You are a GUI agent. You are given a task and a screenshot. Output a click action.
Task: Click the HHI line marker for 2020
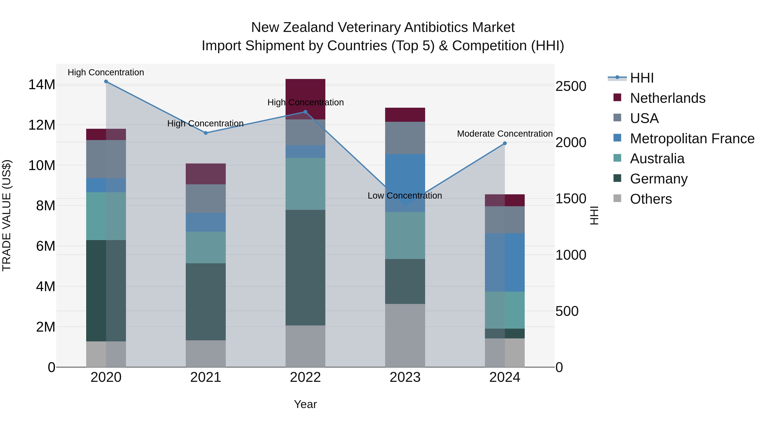coord(106,82)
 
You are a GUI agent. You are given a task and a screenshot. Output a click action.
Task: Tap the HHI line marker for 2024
coord(505,143)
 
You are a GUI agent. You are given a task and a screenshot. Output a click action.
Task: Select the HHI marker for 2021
coord(206,133)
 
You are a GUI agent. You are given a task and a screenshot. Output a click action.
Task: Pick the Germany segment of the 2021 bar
coord(206,302)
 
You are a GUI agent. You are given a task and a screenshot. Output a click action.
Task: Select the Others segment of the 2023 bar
coord(405,335)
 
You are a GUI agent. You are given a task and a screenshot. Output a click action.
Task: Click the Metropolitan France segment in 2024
coord(505,262)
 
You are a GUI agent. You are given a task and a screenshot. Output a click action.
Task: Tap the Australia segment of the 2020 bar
coord(106,216)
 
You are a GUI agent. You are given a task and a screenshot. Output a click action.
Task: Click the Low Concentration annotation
coord(405,196)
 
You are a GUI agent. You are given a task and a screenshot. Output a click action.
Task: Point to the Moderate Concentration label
coord(505,134)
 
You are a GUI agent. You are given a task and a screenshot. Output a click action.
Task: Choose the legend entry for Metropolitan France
coord(692,139)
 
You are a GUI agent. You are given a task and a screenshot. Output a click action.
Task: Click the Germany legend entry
coord(659,179)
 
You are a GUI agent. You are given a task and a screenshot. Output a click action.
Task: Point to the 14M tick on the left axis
coord(42,85)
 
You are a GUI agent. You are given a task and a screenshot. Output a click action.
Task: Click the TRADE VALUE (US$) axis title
coord(7,215)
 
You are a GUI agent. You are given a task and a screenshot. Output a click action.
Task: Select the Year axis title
coord(305,404)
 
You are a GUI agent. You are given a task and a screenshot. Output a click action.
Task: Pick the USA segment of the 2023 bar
coord(405,138)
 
